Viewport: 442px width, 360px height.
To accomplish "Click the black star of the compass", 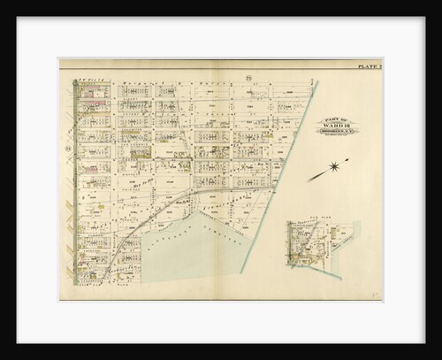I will pos(334,165).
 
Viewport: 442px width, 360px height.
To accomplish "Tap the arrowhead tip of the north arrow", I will pos(348,159).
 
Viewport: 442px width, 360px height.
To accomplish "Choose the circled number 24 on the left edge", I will pos(67,149).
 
